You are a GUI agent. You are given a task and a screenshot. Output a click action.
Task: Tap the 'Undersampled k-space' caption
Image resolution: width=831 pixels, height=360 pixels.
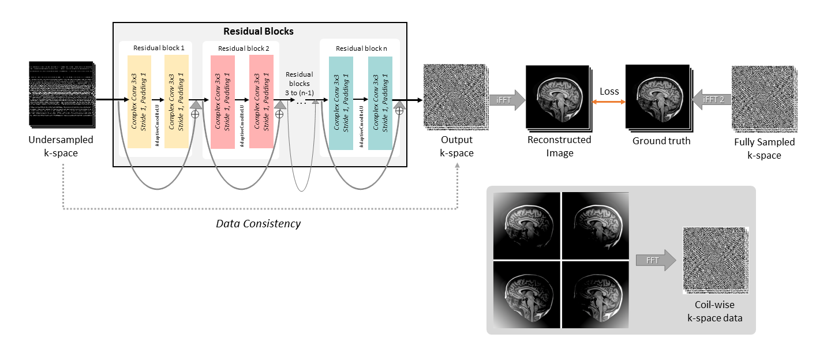click(61, 145)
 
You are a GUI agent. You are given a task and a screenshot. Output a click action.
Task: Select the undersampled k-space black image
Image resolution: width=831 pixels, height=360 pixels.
click(60, 94)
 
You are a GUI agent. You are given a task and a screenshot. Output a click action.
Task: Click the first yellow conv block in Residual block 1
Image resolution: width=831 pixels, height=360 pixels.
click(139, 102)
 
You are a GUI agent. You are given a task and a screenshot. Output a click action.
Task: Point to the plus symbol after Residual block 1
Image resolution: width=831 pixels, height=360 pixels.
click(195, 114)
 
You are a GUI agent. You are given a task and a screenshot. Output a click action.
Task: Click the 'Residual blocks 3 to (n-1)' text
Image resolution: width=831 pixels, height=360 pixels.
click(300, 84)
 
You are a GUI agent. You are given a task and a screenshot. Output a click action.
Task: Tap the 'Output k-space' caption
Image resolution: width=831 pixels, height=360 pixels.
click(456, 145)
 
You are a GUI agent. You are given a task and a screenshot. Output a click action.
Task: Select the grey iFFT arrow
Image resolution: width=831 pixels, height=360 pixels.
click(507, 99)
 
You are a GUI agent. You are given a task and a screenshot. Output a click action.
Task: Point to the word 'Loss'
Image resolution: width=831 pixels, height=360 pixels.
click(609, 91)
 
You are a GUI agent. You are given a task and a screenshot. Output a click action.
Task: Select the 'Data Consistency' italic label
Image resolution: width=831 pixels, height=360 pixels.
click(258, 223)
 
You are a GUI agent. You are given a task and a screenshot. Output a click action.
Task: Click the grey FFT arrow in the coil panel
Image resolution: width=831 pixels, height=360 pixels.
click(656, 260)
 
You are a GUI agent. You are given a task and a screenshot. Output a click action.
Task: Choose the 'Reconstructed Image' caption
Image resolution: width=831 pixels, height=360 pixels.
click(559, 146)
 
